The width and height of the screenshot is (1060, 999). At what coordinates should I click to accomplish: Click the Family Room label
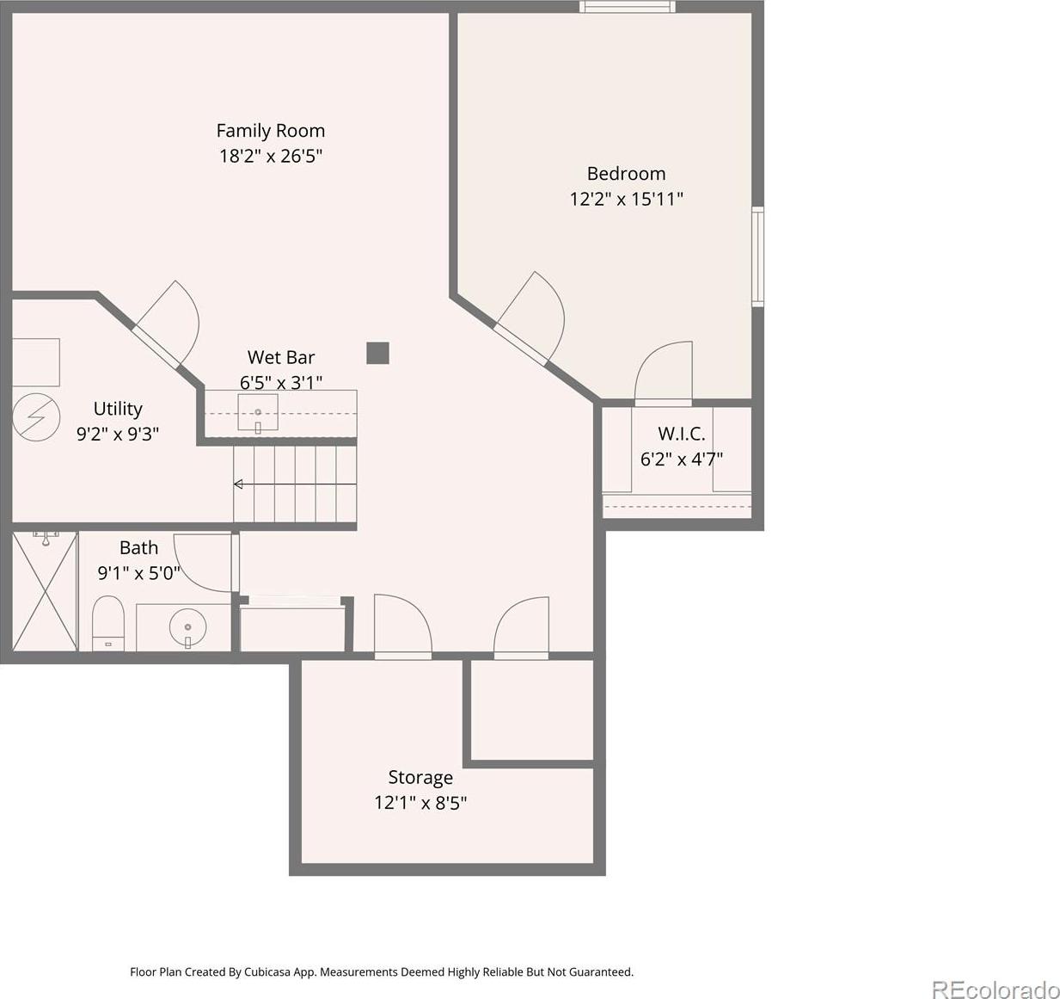270,130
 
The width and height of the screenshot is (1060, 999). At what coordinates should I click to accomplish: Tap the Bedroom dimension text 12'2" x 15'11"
626,200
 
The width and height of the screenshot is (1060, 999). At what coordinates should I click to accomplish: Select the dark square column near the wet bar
377,353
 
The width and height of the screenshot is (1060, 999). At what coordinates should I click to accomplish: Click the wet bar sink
257,411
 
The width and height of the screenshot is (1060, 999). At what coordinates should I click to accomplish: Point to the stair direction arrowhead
238,484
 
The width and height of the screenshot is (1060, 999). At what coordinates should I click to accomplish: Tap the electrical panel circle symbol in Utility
36,417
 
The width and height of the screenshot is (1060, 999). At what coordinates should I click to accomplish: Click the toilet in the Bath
107,623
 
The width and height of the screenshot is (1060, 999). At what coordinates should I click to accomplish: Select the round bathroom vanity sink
188,627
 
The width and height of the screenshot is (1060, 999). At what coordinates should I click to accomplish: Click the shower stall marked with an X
45,591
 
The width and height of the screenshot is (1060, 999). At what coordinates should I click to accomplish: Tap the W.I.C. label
681,434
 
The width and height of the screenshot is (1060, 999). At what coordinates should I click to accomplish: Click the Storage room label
420,777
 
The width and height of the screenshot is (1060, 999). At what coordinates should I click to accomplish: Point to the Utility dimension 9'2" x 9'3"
118,434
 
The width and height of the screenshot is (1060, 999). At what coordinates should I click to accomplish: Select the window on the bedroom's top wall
627,6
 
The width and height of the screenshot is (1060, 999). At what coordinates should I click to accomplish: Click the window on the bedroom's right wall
757,257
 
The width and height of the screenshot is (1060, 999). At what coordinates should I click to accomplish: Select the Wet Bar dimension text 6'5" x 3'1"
281,383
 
